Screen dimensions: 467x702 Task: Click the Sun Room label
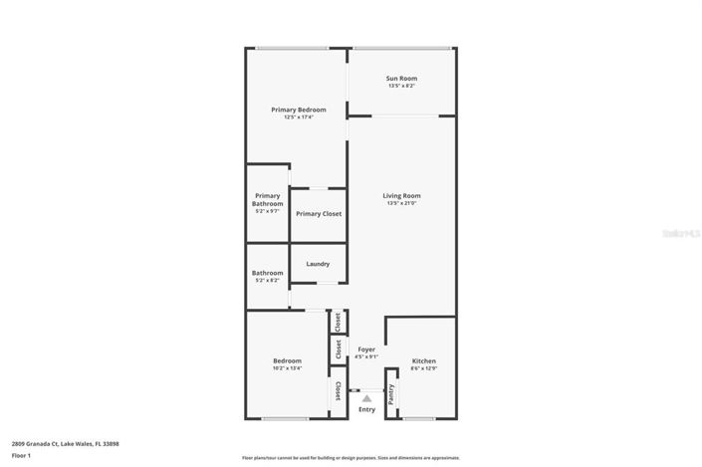[x=401, y=78]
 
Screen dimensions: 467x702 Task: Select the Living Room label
[x=401, y=195]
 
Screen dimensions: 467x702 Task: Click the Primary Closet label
[x=319, y=214]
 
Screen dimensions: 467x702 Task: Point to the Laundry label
[x=318, y=264]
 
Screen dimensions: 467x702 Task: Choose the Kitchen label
[x=423, y=360]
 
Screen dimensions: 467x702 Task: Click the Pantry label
[x=391, y=393]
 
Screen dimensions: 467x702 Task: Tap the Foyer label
[x=366, y=350]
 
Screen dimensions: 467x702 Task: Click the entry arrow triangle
[x=366, y=398]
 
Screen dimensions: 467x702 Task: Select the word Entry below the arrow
[x=366, y=409]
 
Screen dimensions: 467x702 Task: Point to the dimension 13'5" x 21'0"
[x=401, y=204]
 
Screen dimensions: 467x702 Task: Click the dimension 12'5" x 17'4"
[x=298, y=117]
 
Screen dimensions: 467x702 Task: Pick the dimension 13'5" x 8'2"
[x=401, y=86]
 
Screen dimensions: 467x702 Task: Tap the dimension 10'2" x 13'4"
[x=287, y=368]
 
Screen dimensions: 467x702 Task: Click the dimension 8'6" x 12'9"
[x=423, y=368]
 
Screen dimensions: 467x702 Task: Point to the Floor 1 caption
[x=21, y=455]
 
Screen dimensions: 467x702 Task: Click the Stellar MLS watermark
[x=682, y=232]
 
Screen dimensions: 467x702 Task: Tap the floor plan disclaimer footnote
[x=351, y=458]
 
